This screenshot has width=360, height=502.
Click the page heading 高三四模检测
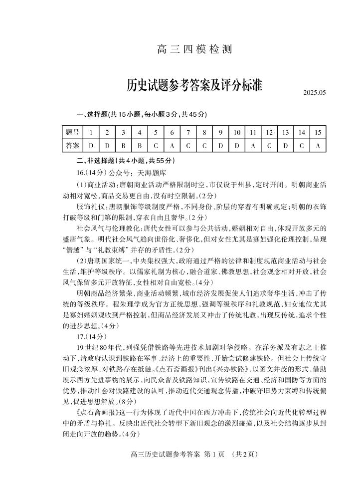click(x=194, y=49)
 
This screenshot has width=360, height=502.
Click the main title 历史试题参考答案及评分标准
click(x=194, y=86)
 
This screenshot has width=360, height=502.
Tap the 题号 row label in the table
click(x=73, y=132)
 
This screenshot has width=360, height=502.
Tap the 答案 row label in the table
click(x=73, y=146)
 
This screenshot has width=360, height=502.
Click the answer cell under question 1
click(x=91, y=146)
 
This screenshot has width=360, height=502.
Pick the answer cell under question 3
click(x=123, y=146)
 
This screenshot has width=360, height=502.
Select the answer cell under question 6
click(x=172, y=146)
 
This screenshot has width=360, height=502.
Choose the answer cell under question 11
click(x=253, y=146)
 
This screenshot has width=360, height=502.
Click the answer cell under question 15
click(x=318, y=146)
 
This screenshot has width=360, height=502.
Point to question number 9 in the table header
click(x=220, y=132)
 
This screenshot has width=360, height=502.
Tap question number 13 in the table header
click(x=285, y=132)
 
